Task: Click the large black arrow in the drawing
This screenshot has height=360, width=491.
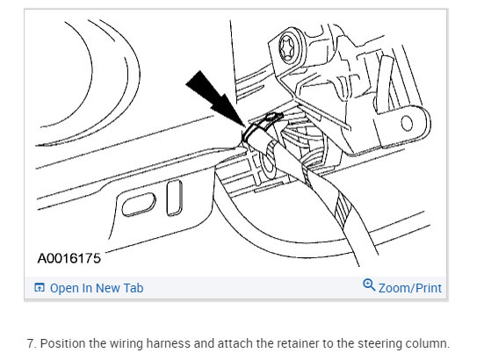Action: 215,98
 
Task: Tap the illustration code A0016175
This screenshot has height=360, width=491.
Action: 69,258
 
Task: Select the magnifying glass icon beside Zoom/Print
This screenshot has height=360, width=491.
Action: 369,284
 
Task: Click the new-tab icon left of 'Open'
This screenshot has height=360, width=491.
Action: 40,287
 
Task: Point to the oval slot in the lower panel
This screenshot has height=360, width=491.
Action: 139,205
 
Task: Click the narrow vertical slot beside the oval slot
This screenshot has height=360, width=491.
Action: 175,198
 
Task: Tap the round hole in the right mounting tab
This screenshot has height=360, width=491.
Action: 407,123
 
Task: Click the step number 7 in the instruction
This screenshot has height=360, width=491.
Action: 31,343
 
